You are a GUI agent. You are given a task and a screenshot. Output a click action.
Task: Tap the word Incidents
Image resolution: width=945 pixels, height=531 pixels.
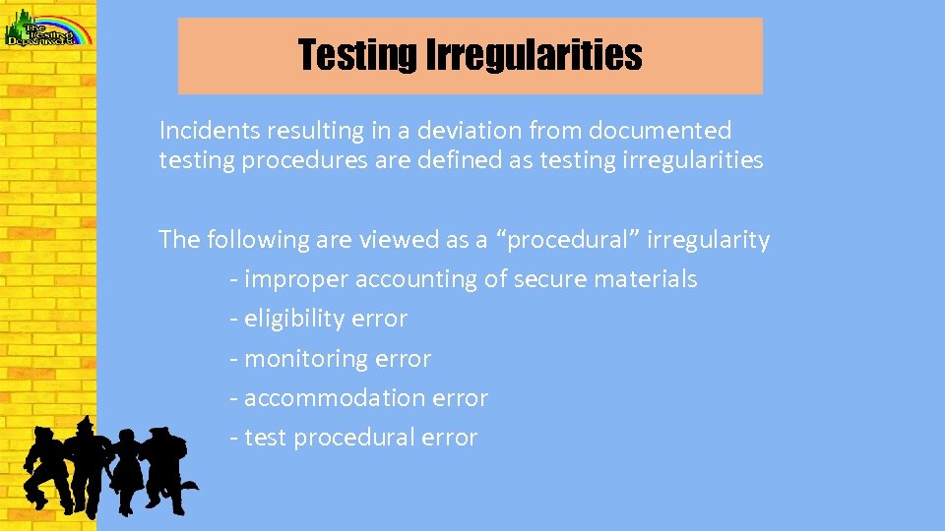coord(201,130)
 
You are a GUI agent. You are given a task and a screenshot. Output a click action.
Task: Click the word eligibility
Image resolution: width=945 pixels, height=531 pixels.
coord(291,319)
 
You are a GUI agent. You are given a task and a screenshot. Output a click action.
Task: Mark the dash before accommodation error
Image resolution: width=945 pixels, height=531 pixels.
coord(233,398)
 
